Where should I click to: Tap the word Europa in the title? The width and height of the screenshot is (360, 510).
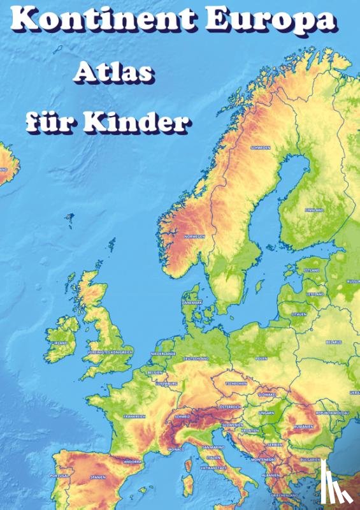point(278,22)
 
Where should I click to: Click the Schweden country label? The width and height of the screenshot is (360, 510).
point(261,147)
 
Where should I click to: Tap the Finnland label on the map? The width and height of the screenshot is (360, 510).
point(314,210)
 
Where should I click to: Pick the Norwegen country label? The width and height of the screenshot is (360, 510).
point(194,237)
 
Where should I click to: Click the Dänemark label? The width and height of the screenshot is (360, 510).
point(192,302)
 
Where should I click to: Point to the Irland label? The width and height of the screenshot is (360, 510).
point(61,342)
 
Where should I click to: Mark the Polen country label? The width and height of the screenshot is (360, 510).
point(261,359)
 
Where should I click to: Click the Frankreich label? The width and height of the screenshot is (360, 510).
point(134,416)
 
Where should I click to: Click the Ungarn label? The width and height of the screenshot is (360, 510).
point(266,413)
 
